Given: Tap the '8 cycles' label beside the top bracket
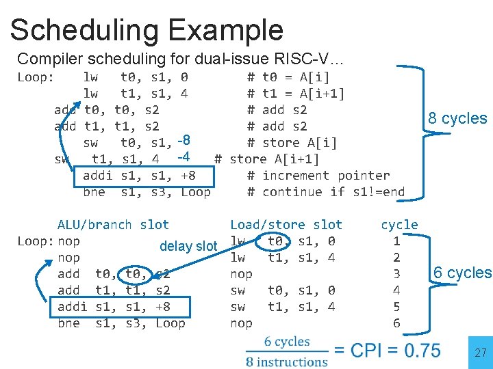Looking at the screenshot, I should [457, 118].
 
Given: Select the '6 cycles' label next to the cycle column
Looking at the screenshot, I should [462, 273].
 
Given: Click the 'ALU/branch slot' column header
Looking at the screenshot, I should [113, 224].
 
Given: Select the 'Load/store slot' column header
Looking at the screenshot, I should [286, 224].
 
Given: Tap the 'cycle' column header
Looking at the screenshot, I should [399, 224].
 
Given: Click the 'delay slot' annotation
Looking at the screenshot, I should [188, 246].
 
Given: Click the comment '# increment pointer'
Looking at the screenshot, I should [318, 175].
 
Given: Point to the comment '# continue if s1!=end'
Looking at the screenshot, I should [325, 191].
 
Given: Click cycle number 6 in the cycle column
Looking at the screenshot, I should [396, 323].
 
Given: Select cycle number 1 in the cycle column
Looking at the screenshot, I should [396, 241].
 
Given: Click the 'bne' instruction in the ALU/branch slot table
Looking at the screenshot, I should [68, 323].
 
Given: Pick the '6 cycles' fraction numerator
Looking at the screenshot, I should [287, 341].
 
